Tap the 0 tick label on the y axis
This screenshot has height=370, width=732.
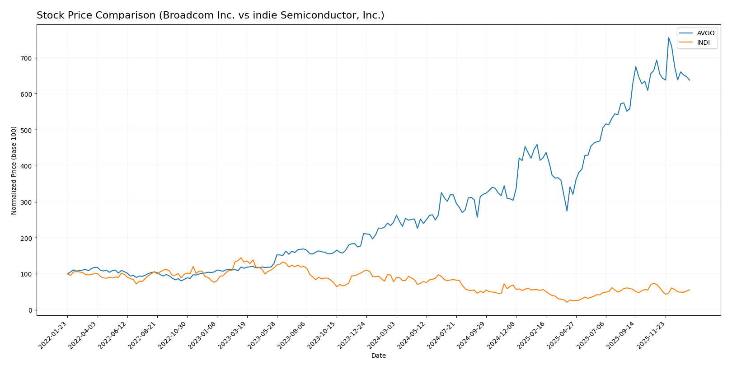click(30, 310)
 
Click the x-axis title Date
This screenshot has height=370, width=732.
click(378, 356)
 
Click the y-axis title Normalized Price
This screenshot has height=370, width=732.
click(14, 170)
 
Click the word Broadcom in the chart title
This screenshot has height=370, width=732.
click(181, 16)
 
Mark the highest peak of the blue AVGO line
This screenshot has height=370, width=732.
click(668, 37)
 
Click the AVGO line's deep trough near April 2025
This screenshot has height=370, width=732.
click(567, 211)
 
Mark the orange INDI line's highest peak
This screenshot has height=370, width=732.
click(241, 258)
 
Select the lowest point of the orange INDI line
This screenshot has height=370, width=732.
click(567, 302)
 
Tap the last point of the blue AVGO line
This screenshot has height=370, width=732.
click(690, 80)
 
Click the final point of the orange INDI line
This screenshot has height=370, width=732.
click(690, 290)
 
